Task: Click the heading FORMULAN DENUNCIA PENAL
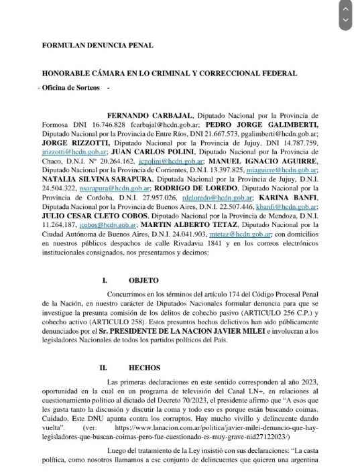[x=98, y=46]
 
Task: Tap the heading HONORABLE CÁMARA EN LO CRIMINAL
[x=170, y=73]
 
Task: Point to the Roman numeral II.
[x=102, y=368]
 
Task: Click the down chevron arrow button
[x=345, y=20]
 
